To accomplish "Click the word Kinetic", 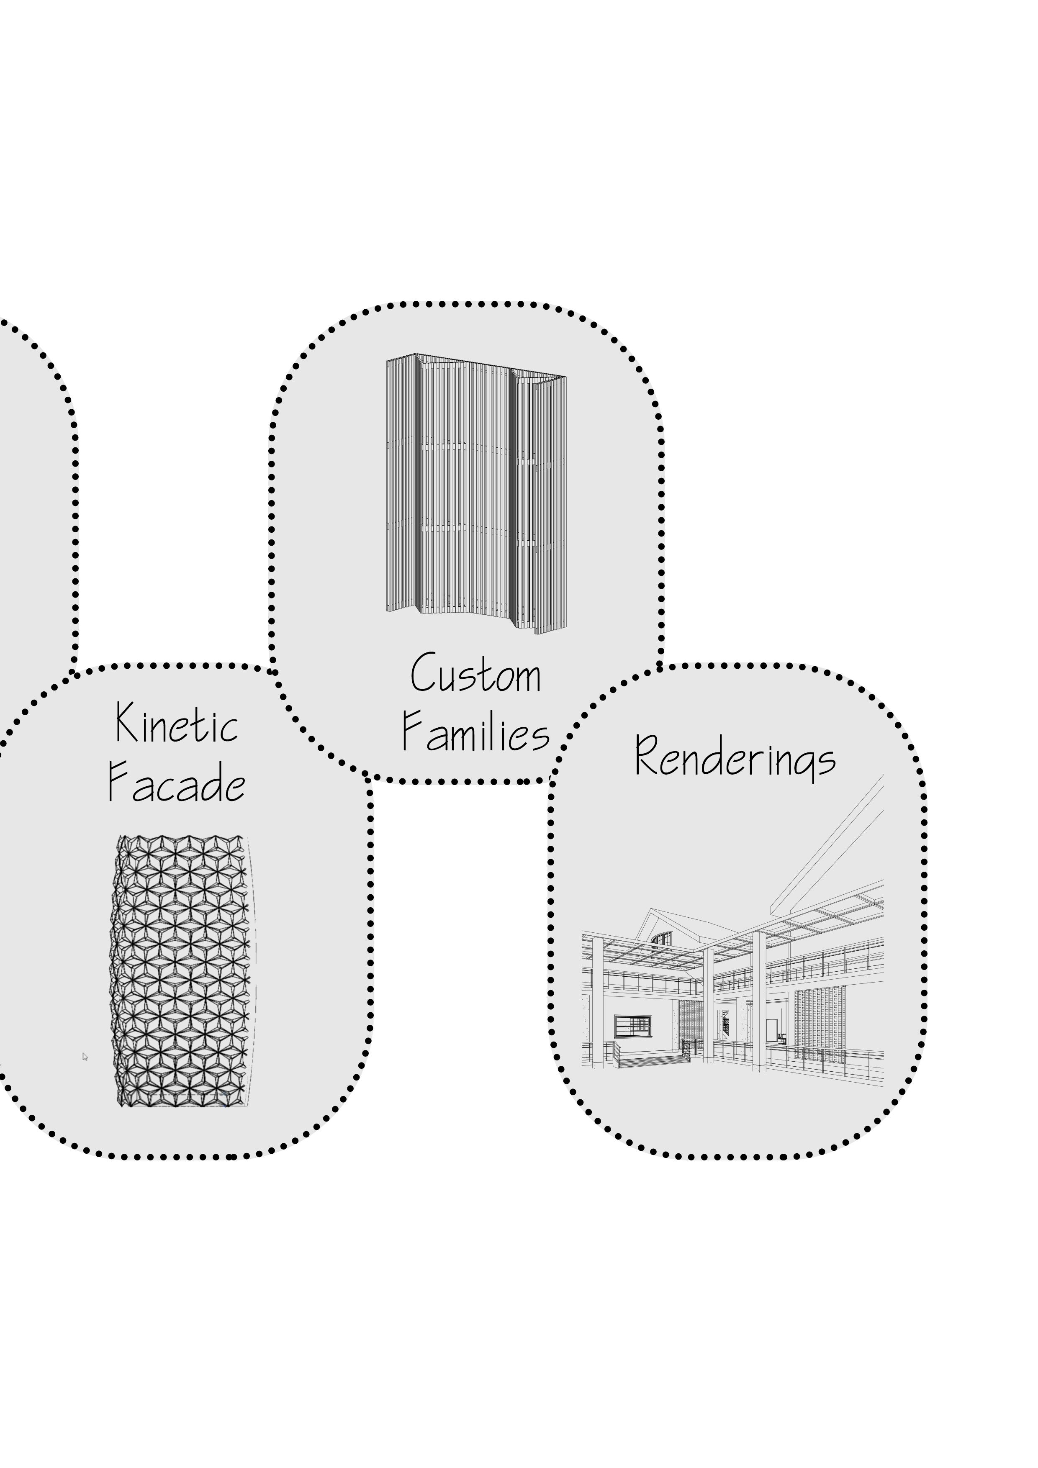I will [177, 724].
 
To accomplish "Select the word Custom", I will [476, 674].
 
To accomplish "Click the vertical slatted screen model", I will [476, 492].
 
